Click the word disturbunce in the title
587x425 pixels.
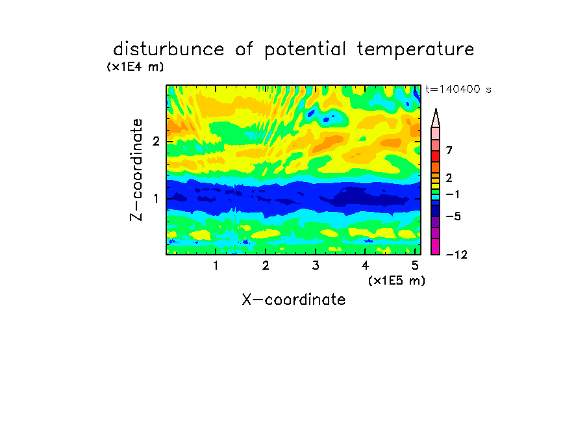168,49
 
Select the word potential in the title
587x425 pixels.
305,50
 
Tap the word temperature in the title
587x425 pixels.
416,50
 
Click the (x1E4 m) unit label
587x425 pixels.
136,67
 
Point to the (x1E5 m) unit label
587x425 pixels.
397,280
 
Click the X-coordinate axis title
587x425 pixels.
293,300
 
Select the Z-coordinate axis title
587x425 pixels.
136,170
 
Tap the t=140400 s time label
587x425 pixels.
458,90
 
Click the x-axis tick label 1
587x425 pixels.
216,266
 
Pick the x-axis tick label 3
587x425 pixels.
316,266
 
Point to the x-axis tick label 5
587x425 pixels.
415,266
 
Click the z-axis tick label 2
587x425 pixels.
156,142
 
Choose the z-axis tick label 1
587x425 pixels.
156,199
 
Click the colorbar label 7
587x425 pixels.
449,150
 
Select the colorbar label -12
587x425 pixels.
456,255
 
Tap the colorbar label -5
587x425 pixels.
453,216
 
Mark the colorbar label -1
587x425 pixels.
453,194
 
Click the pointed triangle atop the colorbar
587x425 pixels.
436,118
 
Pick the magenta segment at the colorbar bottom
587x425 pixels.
436,246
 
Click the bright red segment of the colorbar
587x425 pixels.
436,156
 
